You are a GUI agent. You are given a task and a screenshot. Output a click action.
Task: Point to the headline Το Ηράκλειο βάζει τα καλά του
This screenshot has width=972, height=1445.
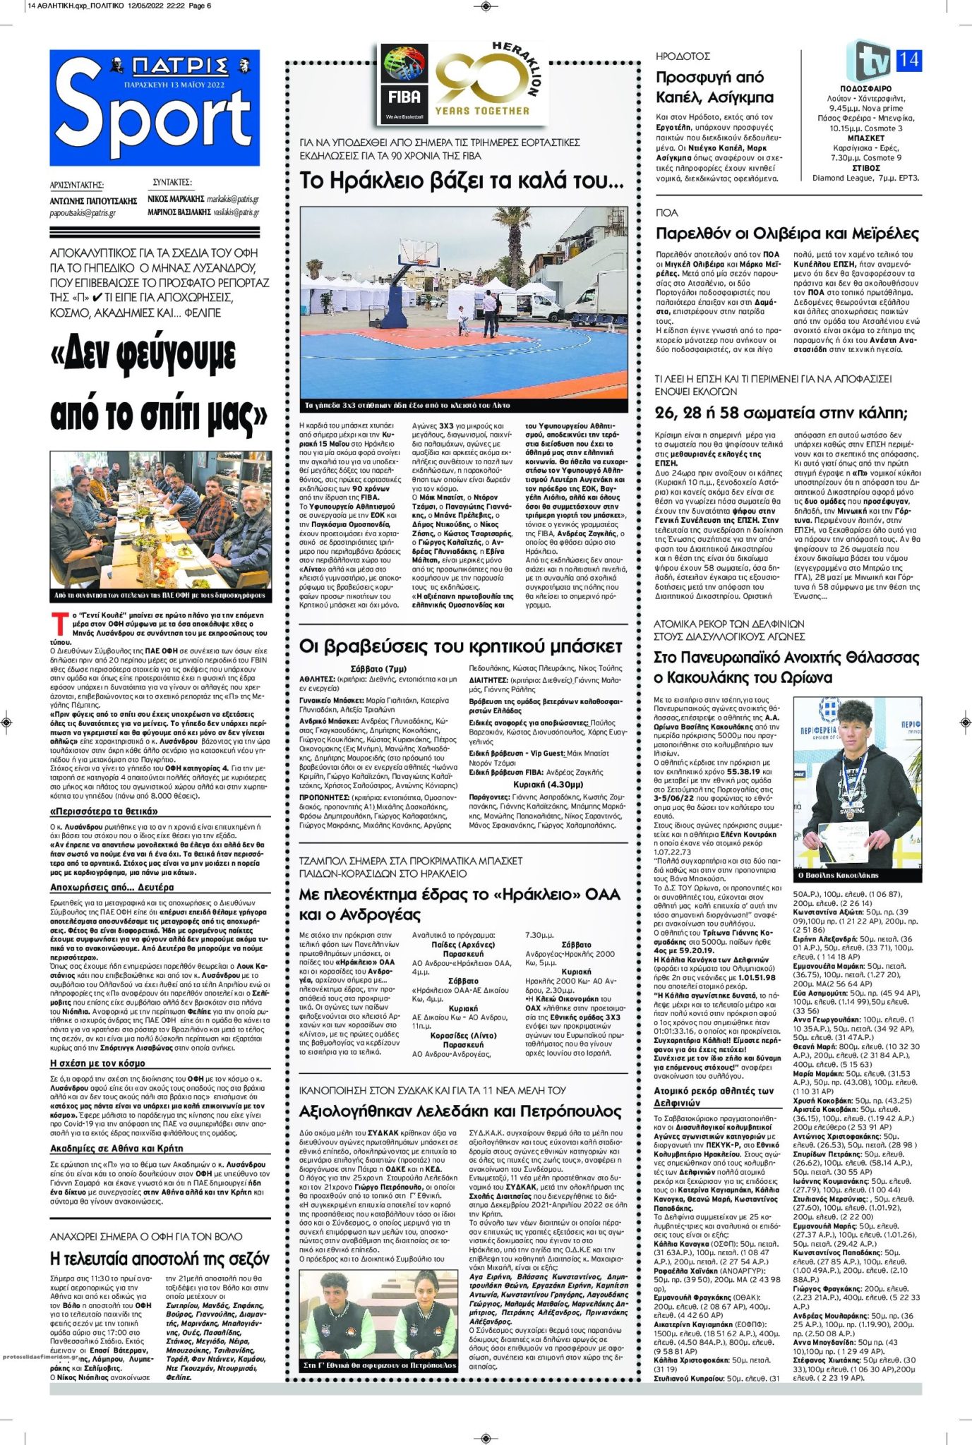pos(462,181)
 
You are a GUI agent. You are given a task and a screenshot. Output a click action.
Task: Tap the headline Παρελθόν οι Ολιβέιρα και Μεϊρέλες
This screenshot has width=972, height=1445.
pos(787,234)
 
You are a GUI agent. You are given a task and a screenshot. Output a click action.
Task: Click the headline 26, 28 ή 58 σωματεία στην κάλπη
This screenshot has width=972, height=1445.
pos(781,413)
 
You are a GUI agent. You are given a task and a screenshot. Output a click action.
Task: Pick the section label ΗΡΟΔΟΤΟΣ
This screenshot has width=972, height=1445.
pos(683,56)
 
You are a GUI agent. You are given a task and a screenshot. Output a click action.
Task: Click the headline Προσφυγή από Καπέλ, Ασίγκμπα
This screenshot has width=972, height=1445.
pos(714,87)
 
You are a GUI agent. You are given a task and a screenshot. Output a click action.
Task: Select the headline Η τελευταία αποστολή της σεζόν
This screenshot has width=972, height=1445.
pos(160,1258)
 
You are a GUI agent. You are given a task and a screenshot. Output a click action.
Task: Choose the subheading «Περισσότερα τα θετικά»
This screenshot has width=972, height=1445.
pos(103,811)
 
